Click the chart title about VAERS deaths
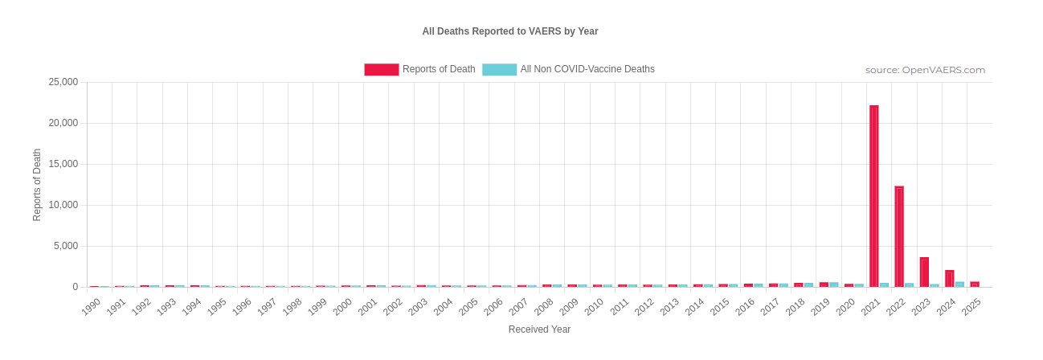pos(509,31)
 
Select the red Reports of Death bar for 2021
pos(873,196)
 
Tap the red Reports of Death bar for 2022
pos(899,236)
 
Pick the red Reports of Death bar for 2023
pos(924,272)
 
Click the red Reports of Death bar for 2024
pos(949,278)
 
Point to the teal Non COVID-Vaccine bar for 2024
pos(959,284)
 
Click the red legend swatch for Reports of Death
pos(381,70)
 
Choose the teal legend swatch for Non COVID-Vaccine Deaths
pos(499,70)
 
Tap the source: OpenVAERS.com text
pos(925,70)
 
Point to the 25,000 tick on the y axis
pos(63,82)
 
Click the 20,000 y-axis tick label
pos(63,123)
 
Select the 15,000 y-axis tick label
pos(63,164)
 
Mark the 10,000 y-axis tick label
pos(63,205)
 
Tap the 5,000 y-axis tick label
pos(66,246)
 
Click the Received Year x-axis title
pos(539,329)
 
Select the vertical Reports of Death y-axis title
pos(37,185)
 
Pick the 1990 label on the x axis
pos(91,306)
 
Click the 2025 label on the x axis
pos(971,306)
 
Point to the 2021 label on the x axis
pos(871,306)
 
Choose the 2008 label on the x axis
pos(544,306)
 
